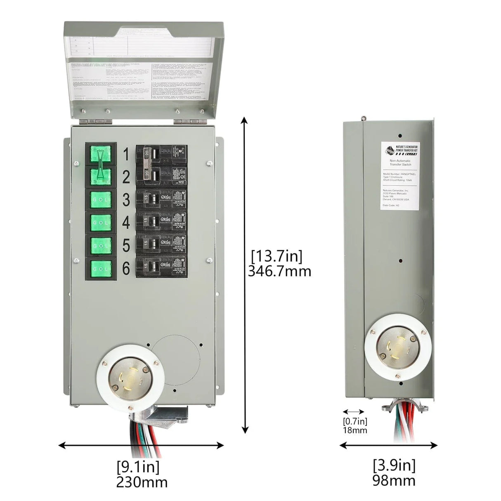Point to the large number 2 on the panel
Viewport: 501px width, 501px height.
tap(126, 177)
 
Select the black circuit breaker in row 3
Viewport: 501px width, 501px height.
tap(161, 199)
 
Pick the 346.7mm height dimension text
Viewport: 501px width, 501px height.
tap(279, 271)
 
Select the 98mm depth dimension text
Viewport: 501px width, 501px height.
tap(394, 480)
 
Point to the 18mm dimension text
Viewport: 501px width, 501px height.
tap(354, 430)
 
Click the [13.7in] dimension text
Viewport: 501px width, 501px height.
tap(277, 256)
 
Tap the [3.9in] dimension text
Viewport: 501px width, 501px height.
tap(394, 465)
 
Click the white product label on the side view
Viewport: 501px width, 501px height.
tap(399, 175)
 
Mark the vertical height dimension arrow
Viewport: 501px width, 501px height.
tap(245, 274)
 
